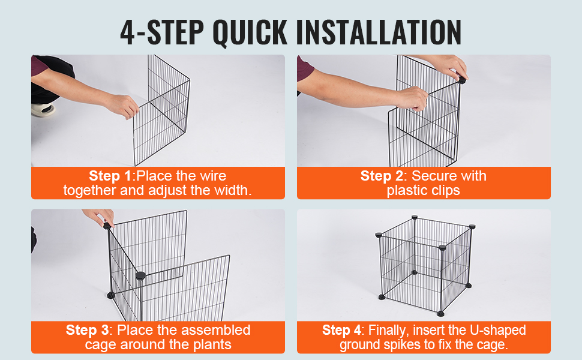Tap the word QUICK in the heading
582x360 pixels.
(250, 32)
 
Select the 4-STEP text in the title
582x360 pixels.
(162, 32)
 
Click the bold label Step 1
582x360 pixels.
(110, 176)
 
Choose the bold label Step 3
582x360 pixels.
(87, 330)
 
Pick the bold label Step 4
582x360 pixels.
(341, 330)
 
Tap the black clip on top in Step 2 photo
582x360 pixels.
(462, 80)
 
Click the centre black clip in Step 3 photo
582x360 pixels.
(140, 275)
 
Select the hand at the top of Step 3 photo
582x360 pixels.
(100, 217)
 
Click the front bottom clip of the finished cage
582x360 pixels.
(440, 314)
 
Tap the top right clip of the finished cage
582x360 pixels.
(472, 226)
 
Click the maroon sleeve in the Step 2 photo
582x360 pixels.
(304, 70)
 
